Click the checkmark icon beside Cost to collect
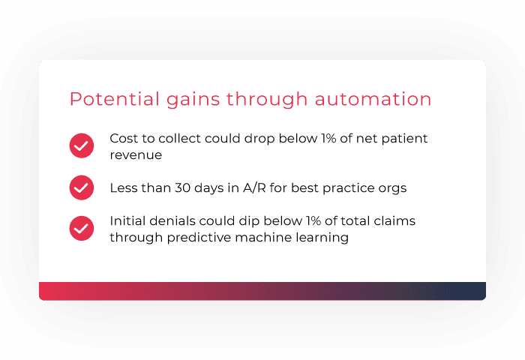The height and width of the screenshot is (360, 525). click(81, 145)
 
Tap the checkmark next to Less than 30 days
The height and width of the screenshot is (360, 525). click(81, 187)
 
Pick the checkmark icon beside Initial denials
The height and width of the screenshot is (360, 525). click(81, 229)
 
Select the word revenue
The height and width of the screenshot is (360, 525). click(136, 154)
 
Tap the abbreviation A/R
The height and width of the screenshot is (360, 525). click(250, 187)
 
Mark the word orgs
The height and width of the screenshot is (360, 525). click(392, 187)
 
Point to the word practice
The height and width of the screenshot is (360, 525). click(348, 188)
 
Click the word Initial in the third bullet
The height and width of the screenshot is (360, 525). click(127, 221)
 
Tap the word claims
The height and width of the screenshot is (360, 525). click(396, 221)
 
